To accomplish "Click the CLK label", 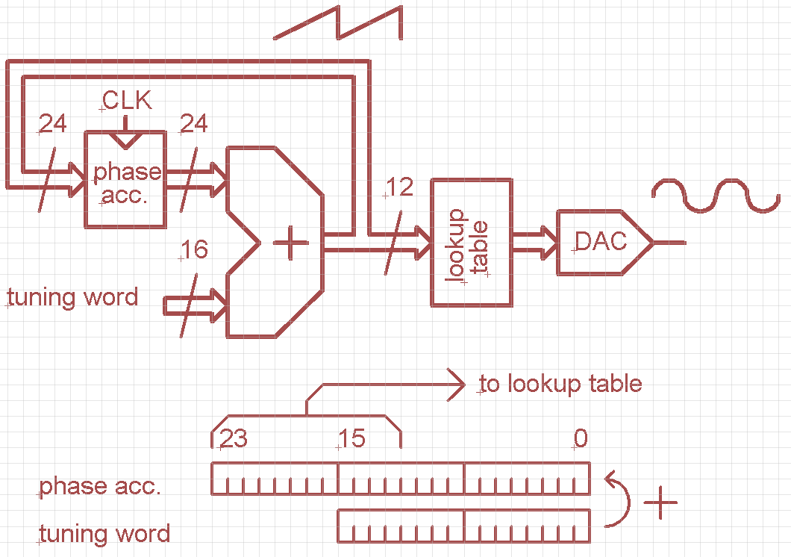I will click(127, 100).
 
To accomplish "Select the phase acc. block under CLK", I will click(125, 179).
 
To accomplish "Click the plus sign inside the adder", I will click(291, 245).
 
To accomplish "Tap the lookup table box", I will click(472, 241).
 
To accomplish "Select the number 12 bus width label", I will click(400, 187).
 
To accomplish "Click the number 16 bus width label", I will click(194, 250).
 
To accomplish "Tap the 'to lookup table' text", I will click(560, 385).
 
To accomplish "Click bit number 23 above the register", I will click(234, 439).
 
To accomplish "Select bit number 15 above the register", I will click(351, 439).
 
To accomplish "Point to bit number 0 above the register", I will click(581, 439).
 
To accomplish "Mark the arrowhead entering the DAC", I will click(549, 242).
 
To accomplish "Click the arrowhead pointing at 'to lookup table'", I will click(457, 385).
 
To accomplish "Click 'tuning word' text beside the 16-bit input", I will click(73, 298).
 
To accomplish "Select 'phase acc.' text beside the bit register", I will click(100, 487).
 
